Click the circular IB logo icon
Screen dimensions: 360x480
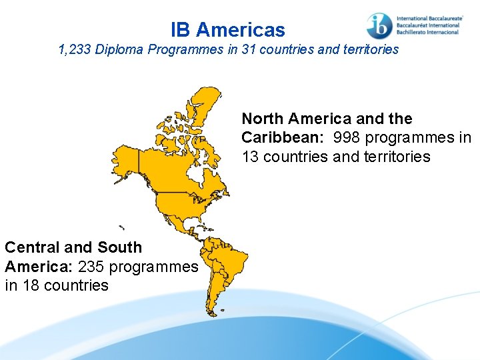tap(379, 25)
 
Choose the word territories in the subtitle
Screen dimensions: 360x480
tap(369, 49)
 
